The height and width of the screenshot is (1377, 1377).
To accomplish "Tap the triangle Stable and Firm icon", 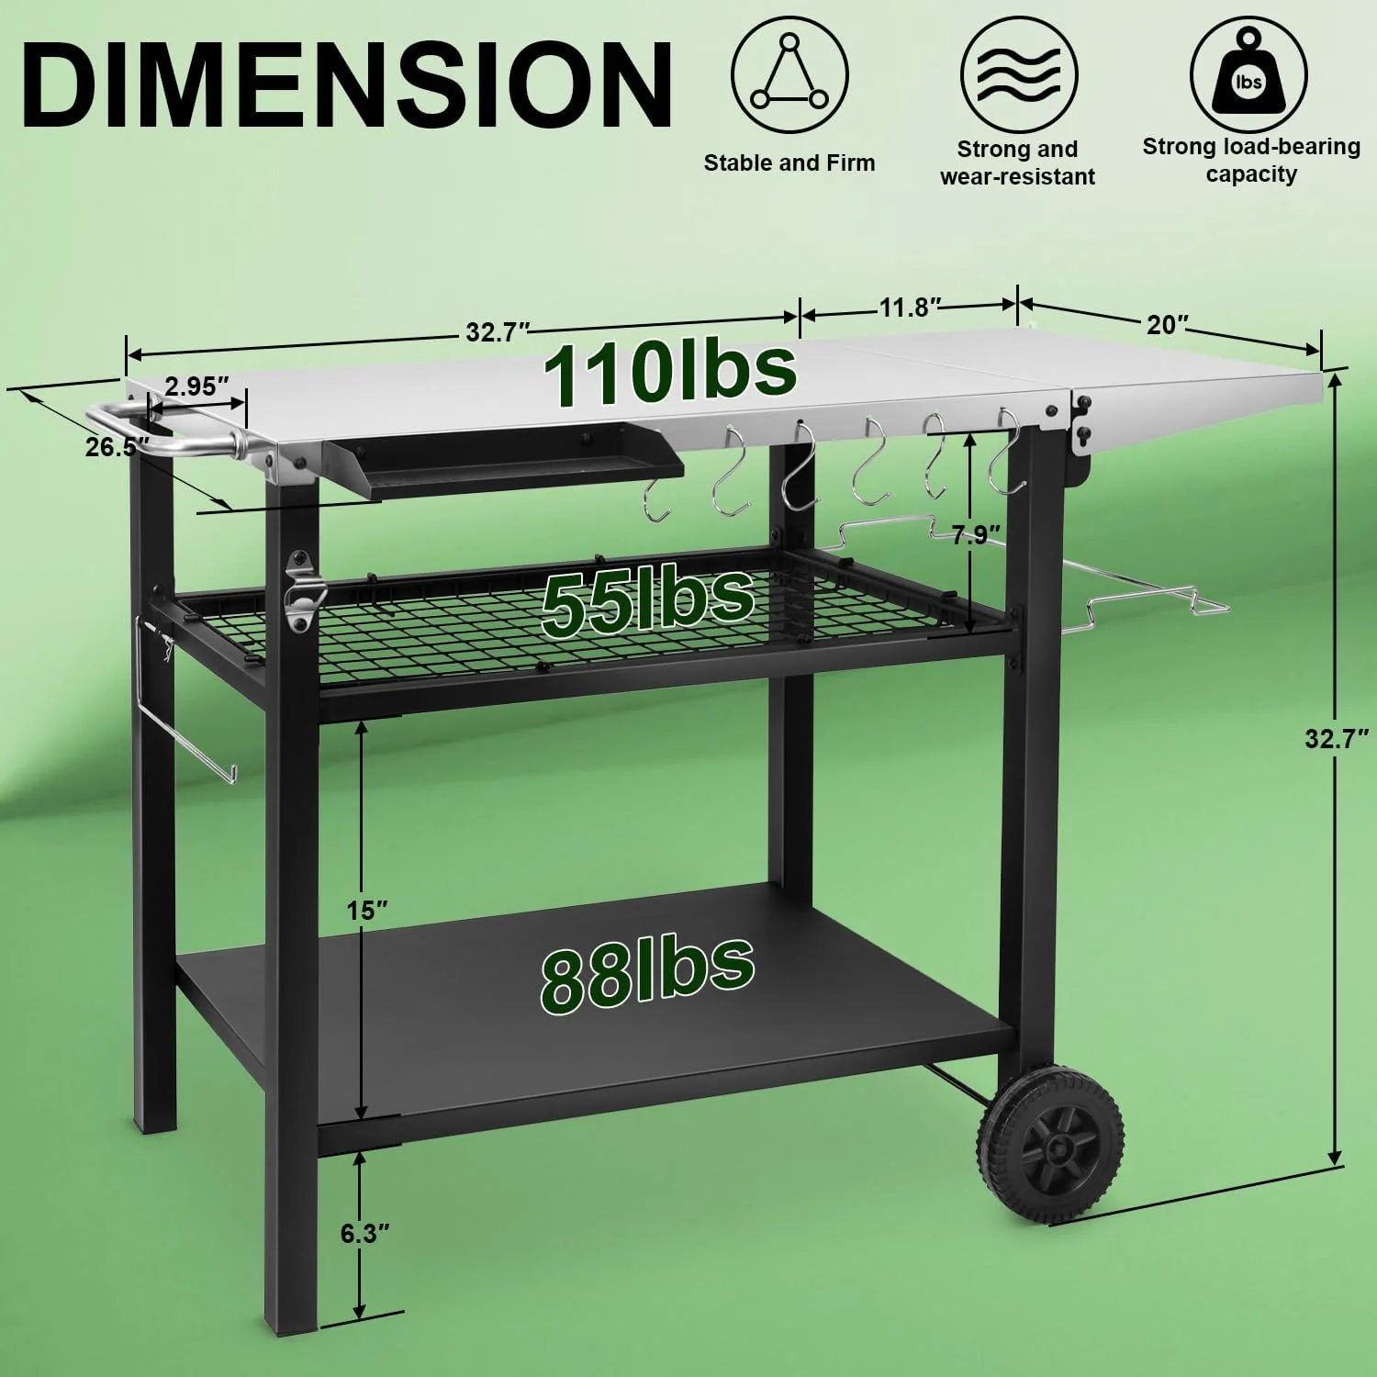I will click(x=789, y=73).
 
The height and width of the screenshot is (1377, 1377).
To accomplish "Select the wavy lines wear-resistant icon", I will click(x=1018, y=73).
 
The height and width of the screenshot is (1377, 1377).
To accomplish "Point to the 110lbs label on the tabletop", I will click(x=669, y=371).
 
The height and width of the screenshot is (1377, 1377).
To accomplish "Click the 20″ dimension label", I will click(x=1168, y=324).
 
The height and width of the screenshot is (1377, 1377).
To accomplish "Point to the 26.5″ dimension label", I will click(x=117, y=448).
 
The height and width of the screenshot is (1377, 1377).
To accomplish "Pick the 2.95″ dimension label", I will click(x=196, y=386).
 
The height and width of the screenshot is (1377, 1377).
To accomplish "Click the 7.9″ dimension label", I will click(x=975, y=534).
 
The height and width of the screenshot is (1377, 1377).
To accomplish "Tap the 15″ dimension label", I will click(x=366, y=910).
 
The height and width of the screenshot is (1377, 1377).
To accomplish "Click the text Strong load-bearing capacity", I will click(x=1250, y=160).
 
